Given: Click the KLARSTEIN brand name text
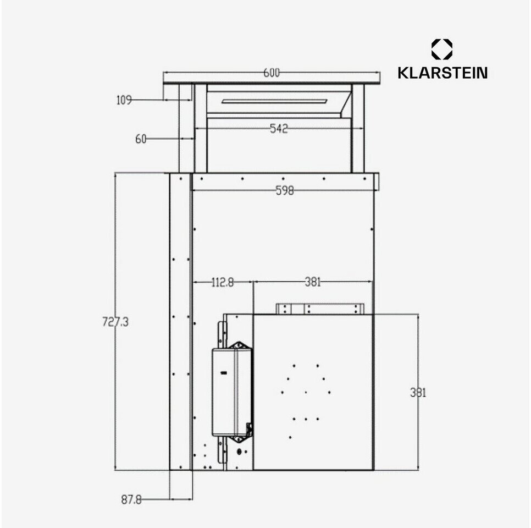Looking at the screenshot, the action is (442, 73).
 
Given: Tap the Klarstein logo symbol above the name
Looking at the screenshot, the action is (442, 49).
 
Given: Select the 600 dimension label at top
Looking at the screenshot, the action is (271, 73).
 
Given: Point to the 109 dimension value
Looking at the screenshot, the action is (124, 100).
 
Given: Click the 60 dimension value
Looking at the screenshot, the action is (141, 139).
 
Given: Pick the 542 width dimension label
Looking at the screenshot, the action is (279, 129).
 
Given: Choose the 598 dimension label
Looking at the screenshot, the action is (285, 191).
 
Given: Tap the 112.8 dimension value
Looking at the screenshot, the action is (223, 283).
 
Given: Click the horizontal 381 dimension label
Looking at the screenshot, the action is (312, 283).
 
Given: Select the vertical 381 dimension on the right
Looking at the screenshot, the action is (418, 393).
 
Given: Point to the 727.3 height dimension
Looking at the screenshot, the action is (115, 322).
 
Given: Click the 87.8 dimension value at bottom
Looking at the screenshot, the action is (131, 500).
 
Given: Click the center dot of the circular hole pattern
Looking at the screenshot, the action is (306, 392).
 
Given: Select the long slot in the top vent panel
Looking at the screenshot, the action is (275, 101).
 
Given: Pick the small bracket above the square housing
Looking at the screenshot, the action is (320, 309).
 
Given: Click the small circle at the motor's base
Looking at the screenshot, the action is (239, 452).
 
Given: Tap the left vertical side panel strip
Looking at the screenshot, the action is (180, 322).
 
